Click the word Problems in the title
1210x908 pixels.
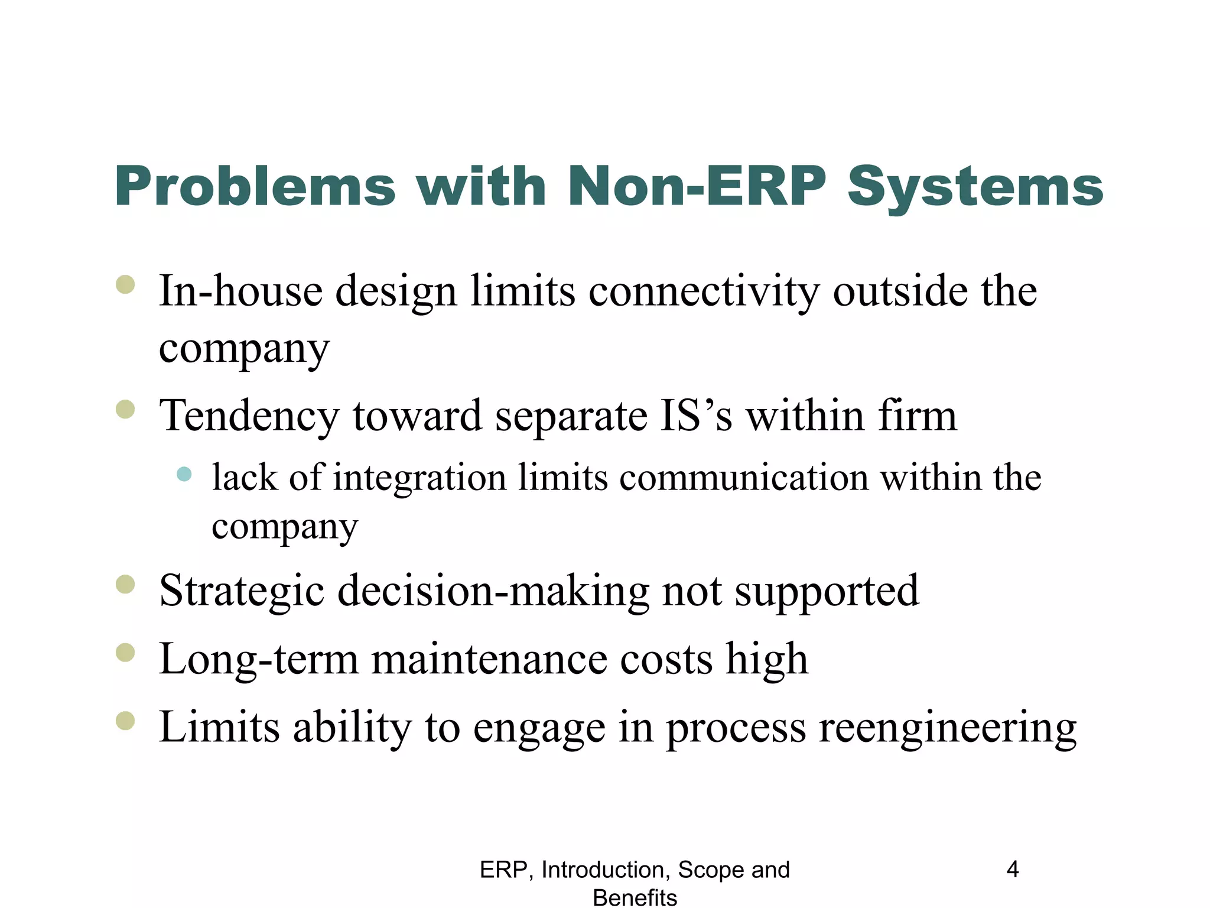255,187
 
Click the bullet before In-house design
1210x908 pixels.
126,285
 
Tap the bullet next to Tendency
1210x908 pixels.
126,409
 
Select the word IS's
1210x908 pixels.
696,416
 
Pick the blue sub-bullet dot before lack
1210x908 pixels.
184,474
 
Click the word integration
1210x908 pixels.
419,478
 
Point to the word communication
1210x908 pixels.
744,478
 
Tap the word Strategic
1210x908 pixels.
242,591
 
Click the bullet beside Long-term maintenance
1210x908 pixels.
126,653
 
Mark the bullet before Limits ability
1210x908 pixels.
126,721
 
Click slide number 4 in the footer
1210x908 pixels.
1013,870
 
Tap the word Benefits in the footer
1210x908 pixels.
635,897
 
